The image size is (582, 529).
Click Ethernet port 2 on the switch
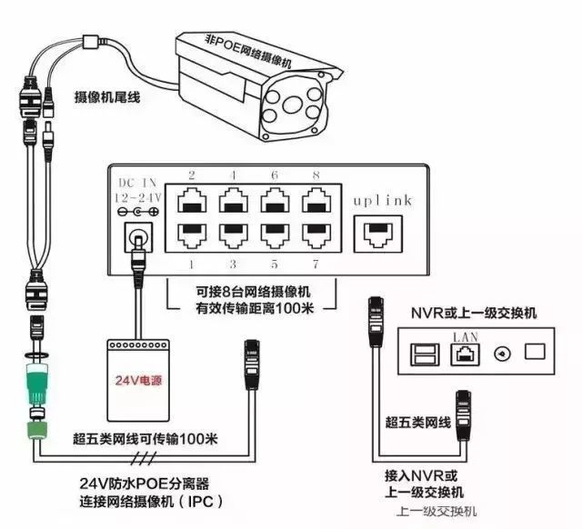(191, 199)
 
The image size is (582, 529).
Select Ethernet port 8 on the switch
(316, 199)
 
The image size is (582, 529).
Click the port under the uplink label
(379, 233)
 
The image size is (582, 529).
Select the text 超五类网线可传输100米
(145, 440)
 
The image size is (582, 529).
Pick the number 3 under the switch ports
(234, 264)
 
